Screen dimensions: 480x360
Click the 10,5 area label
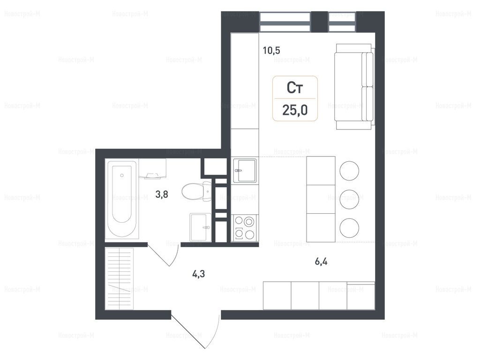271,50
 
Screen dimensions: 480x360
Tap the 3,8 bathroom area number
162,195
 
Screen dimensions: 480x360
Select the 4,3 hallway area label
198,274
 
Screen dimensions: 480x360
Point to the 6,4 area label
321,262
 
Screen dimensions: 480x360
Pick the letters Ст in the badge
295,88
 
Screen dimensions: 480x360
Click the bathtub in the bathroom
122,199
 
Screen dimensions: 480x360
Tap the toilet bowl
196,191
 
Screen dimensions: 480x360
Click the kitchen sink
245,170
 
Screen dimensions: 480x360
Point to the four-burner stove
245,228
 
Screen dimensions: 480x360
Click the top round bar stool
349,171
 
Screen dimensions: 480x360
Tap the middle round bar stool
349,200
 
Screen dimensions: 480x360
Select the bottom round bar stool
349,228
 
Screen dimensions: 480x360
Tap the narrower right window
343,22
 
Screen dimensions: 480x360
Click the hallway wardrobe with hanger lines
119,278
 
